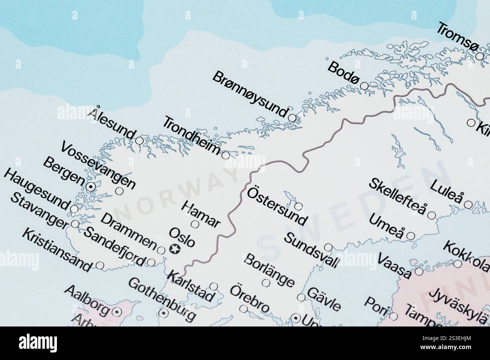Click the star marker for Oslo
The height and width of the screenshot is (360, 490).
point(175,249)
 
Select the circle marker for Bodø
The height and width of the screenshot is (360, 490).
point(364,86)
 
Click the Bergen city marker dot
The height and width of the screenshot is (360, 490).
point(90,186)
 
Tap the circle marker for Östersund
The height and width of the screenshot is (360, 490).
point(298,206)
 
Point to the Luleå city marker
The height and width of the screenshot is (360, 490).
point(468,204)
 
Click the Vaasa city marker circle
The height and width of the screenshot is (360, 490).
point(419,271)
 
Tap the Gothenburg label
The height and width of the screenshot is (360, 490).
point(162,299)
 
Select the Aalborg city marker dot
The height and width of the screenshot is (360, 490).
point(116,311)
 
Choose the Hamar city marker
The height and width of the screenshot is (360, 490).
point(195,224)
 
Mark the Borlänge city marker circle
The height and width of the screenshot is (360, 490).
point(266,282)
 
